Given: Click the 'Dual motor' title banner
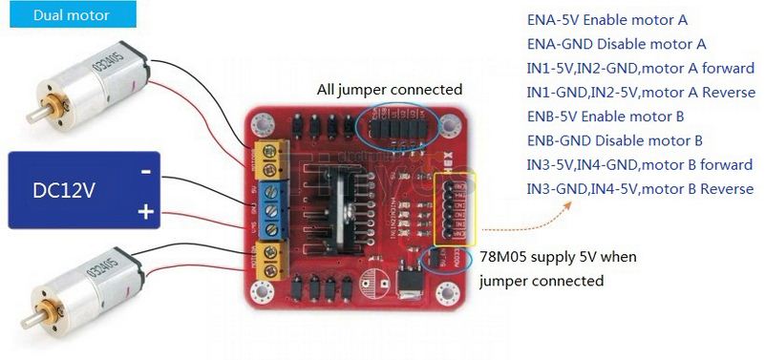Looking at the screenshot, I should click(x=71, y=15).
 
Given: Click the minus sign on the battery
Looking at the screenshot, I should click(x=145, y=172).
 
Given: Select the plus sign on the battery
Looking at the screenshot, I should click(x=145, y=210).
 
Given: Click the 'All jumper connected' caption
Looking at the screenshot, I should click(x=390, y=89).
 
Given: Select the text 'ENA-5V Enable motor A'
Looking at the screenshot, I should click(x=607, y=19).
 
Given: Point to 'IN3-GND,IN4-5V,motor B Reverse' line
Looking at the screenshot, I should click(x=641, y=189).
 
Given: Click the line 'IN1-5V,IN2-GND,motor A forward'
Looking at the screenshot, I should click(x=641, y=68).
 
